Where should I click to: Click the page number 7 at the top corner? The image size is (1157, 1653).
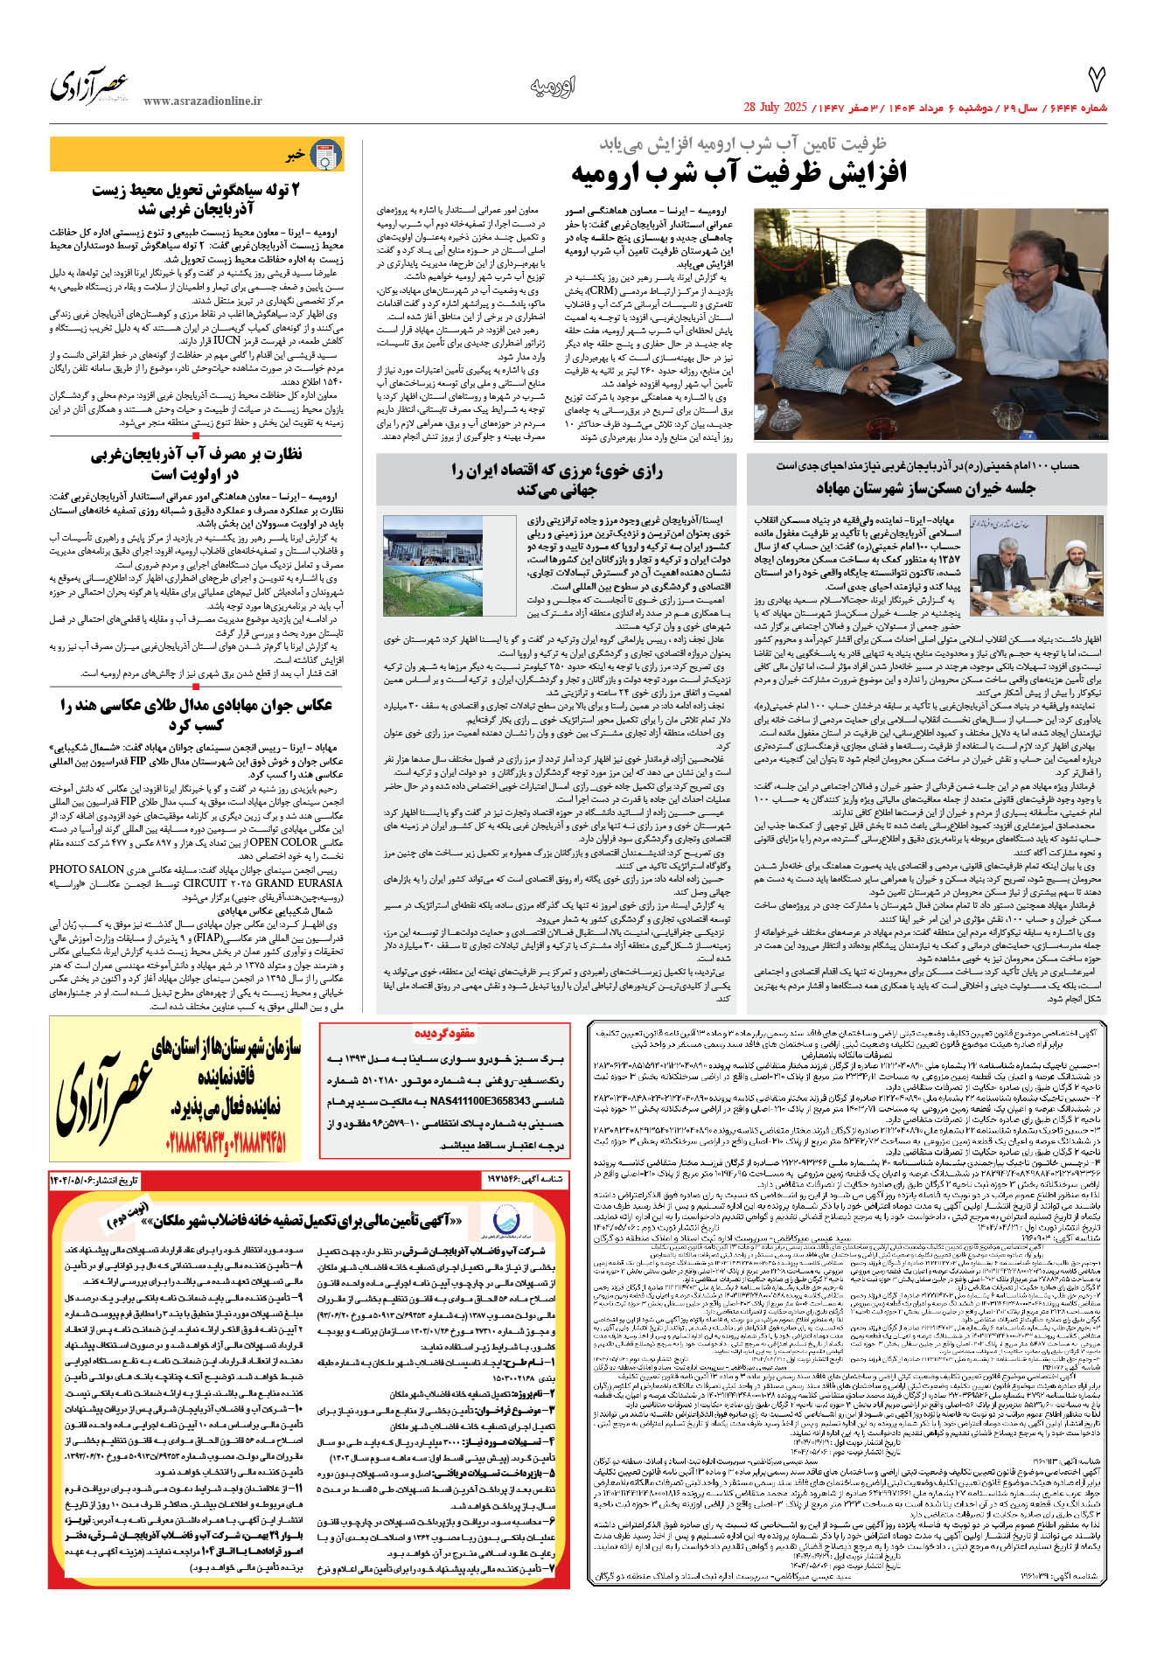(x=1096, y=80)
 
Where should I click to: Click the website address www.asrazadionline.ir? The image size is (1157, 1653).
(x=203, y=101)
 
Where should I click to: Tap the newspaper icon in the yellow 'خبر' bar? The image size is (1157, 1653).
(x=327, y=156)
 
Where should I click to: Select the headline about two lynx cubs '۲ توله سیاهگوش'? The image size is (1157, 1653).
(x=196, y=199)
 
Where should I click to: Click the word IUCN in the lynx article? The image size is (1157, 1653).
(x=227, y=340)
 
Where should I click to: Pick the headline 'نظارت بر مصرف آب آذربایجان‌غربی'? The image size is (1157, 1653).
(x=196, y=464)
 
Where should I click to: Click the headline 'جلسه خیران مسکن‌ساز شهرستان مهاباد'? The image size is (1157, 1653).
(x=925, y=487)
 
